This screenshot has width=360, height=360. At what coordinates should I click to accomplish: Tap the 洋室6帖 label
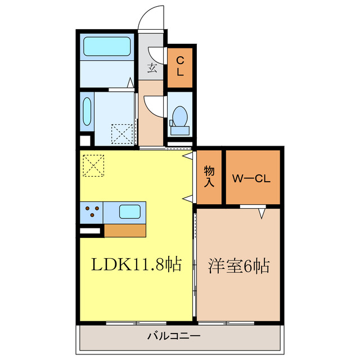tap(238, 264)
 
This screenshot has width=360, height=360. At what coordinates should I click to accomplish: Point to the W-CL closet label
tap(252, 180)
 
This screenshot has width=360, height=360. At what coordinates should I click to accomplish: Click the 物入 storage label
tap(209, 177)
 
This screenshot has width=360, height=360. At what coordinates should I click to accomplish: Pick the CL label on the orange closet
tap(180, 66)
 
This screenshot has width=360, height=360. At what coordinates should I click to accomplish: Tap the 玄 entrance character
tap(152, 69)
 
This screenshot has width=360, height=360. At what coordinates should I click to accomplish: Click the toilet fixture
tap(180, 118)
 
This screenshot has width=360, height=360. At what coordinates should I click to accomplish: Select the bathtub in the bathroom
tap(107, 46)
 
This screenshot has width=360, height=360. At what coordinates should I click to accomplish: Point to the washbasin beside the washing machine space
tap(87, 112)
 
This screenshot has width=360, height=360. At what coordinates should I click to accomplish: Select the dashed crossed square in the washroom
tap(121, 134)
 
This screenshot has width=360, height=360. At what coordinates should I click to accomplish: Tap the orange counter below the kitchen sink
tap(125, 230)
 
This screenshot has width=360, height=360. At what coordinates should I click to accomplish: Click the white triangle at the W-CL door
tap(262, 213)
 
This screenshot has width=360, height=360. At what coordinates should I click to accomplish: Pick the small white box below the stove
tap(90, 230)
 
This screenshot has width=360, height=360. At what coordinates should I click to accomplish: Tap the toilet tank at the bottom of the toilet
tap(180, 130)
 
